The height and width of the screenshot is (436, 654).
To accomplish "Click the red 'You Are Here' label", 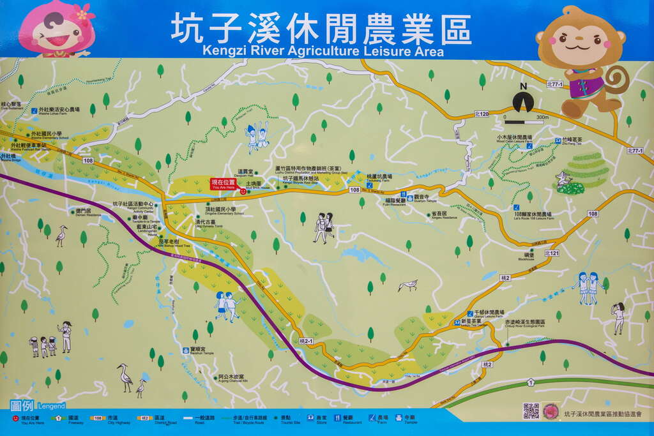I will click(223, 184).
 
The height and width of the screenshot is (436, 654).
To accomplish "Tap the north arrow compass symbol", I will click(523, 101).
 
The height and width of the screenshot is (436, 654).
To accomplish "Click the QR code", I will click(531, 411).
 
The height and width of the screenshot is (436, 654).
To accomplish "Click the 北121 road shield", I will click(552, 253).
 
